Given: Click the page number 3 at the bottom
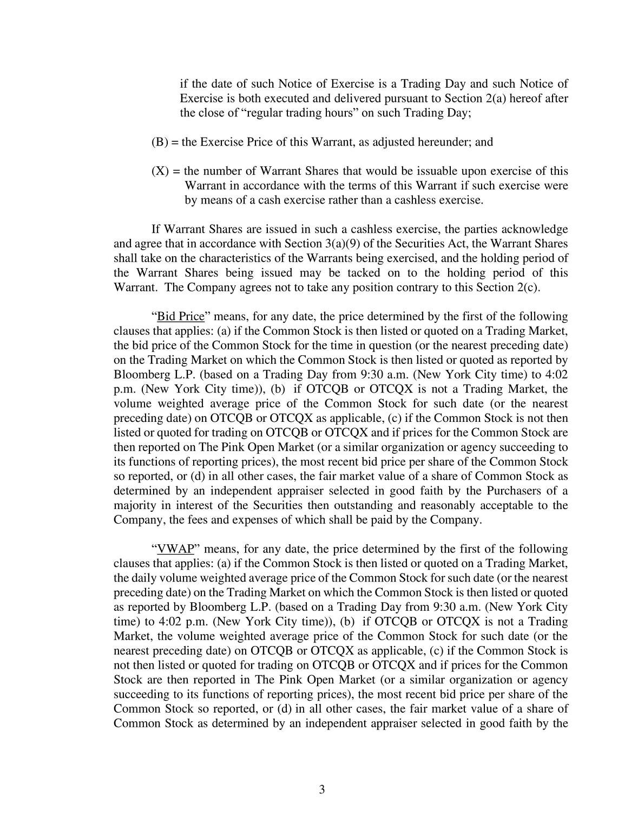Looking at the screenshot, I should (x=322, y=790).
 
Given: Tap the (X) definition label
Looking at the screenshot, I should (x=160, y=171).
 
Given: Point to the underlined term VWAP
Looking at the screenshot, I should (x=175, y=549).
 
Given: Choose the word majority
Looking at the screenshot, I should (x=134, y=505).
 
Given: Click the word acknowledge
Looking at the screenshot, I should (x=536, y=229).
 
